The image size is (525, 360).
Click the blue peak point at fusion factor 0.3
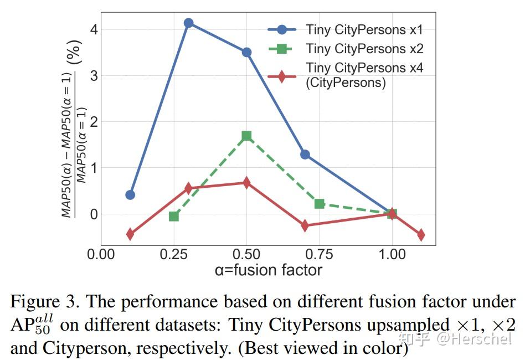[x=188, y=23]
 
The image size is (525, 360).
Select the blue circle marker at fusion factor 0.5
[x=246, y=52]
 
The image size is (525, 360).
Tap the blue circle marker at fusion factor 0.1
[x=130, y=194]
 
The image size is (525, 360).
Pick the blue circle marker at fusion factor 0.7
[x=305, y=155]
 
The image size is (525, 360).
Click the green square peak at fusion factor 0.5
[x=246, y=136]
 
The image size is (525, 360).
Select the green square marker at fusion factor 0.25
[x=174, y=216]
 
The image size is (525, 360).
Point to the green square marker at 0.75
[x=320, y=204]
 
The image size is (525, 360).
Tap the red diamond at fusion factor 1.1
[x=421, y=235]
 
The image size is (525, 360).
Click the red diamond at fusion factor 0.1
[x=130, y=234]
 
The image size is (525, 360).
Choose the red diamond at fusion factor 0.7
[x=305, y=225]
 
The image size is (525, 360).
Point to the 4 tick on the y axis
[x=94, y=29]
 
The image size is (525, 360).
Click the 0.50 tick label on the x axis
[x=246, y=255]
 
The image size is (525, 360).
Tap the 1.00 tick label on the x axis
[x=392, y=255]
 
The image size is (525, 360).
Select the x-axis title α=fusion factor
[x=268, y=270]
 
